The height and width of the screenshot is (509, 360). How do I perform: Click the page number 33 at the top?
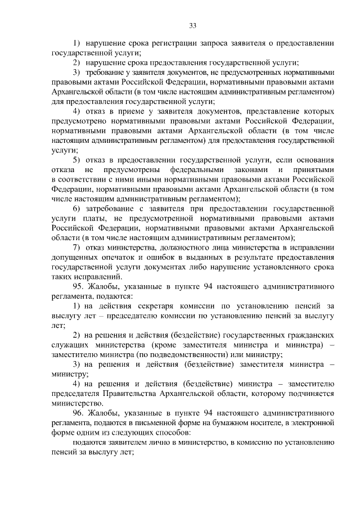click(x=192, y=26)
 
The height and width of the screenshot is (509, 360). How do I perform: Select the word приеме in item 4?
click(x=127, y=111)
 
